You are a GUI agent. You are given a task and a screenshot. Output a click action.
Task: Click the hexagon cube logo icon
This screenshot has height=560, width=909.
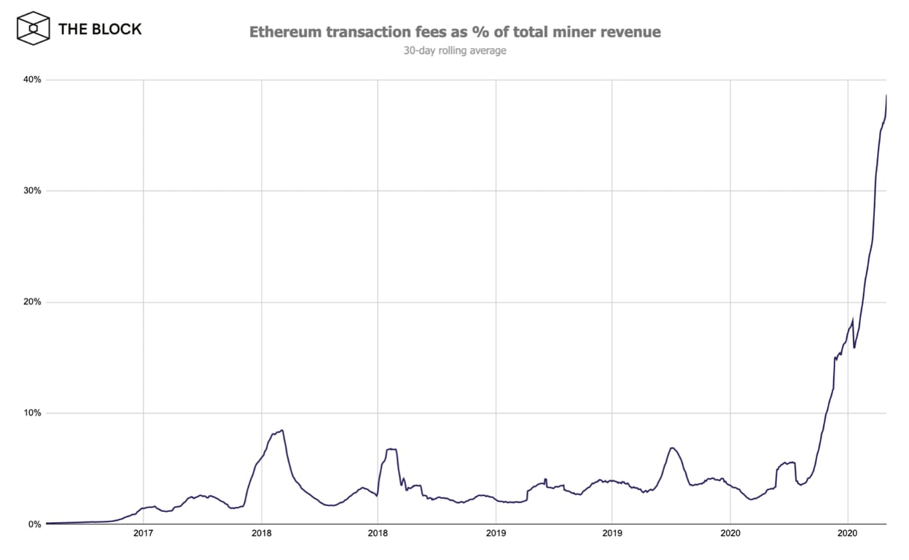tap(33, 29)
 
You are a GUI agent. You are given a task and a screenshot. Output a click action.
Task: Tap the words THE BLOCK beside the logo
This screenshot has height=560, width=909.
tap(100, 29)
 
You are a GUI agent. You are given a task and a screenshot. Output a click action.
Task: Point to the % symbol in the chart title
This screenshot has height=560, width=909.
tap(472, 32)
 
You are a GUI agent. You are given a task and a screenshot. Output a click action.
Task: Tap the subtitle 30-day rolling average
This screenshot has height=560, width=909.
tap(455, 51)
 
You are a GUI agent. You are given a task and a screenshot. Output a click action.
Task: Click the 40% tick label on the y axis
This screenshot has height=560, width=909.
tap(32, 79)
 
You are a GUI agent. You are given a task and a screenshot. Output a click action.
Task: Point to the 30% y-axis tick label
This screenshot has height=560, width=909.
tap(32, 191)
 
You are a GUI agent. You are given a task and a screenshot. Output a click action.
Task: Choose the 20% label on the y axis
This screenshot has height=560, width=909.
tap(32, 302)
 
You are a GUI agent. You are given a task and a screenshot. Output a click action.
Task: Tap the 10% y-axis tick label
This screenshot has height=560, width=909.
tap(32, 413)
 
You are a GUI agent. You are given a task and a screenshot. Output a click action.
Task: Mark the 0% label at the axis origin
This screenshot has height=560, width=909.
tap(34, 524)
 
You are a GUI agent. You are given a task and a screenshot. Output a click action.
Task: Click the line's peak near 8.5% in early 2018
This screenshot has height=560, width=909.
tap(282, 430)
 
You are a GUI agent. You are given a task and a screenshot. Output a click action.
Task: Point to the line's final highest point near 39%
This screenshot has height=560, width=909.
tap(886, 96)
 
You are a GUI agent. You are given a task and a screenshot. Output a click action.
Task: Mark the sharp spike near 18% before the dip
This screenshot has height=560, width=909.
tap(852, 319)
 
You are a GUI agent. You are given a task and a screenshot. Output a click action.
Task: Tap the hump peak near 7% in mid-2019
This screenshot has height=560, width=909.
tap(671, 448)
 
